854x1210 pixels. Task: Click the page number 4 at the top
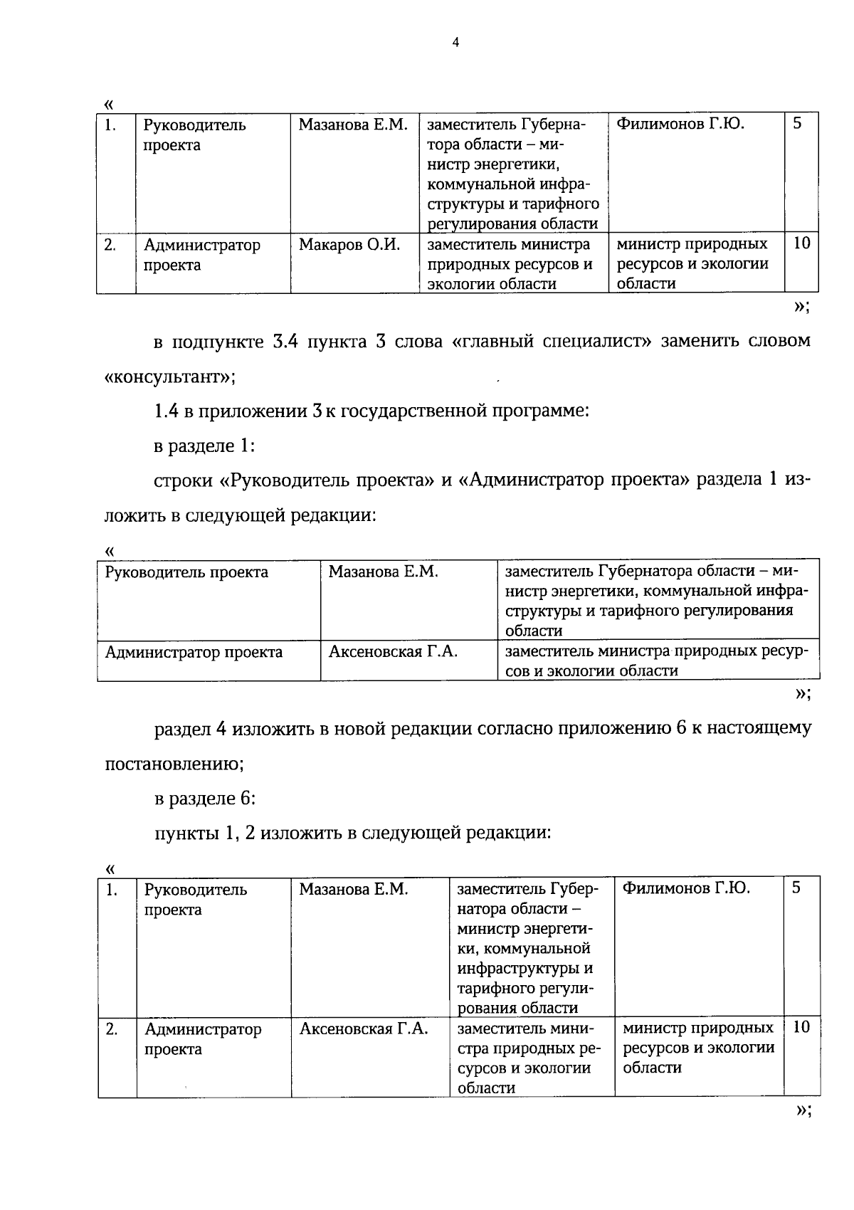[455, 43]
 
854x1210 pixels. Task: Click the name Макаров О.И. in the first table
[349, 245]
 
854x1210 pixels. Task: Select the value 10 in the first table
[801, 243]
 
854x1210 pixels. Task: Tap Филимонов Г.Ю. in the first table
[680, 125]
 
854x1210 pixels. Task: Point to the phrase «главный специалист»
[552, 341]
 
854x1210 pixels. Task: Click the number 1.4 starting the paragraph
[167, 411]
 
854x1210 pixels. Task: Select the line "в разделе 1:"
[205, 446]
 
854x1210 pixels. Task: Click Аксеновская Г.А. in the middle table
[393, 651]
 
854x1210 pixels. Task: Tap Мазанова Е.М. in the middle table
[383, 572]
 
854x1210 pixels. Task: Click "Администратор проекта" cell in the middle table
[194, 652]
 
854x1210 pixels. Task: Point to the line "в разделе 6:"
[205, 798]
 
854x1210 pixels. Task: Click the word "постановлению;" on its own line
[174, 764]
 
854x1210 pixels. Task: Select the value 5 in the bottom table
[796, 888]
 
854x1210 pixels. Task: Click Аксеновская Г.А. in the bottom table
[364, 1028]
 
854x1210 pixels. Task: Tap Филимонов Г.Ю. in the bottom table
[686, 888]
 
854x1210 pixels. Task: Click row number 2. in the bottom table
[112, 1028]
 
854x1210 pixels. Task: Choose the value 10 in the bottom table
[801, 1027]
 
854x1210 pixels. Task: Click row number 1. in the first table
[110, 125]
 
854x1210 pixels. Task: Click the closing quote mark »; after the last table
[803, 1110]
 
